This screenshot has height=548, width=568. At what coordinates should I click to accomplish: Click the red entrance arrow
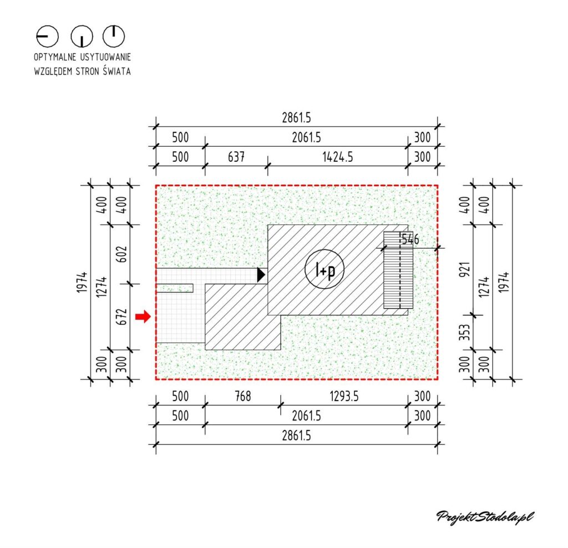pos(143,317)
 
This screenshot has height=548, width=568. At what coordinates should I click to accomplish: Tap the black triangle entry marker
pos(261,275)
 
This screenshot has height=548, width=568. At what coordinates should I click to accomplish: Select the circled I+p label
pos(324,269)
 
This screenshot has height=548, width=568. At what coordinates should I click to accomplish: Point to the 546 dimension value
pos(410,239)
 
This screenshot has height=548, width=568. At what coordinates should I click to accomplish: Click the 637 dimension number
pos(236,157)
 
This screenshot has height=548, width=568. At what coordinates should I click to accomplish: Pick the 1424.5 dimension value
pos(338,157)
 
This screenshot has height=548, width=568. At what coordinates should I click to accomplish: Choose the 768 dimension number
pos(243,396)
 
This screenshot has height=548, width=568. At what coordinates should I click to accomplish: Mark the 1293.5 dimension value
pos(344,396)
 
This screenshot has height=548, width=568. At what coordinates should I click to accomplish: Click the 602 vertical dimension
pos(123,254)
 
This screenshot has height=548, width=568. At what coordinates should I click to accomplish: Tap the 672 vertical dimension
pos(123,317)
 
